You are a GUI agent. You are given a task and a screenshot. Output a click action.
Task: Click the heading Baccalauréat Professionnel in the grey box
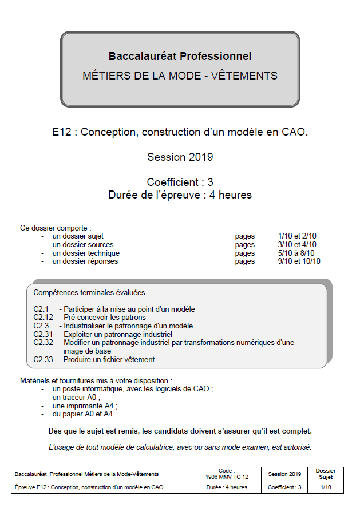coord(180,56)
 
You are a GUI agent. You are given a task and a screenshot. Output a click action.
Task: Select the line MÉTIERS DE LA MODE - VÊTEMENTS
coord(180,76)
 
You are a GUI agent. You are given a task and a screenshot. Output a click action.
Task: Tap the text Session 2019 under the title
coord(180,157)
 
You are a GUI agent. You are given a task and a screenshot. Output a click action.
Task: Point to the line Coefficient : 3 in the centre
coord(180,182)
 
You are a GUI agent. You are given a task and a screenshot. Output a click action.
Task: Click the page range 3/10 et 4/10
coord(297,244)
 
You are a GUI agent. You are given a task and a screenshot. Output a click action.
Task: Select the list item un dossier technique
coord(86,253)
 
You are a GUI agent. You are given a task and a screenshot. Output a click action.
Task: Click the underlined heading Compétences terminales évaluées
coord(89,292)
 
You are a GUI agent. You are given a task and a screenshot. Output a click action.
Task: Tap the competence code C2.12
coord(43,317)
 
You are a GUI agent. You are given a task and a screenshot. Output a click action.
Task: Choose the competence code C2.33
coord(43,359)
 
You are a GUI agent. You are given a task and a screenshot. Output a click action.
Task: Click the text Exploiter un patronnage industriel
coord(118,334)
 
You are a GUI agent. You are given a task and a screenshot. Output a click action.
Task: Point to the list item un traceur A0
coord(76,397)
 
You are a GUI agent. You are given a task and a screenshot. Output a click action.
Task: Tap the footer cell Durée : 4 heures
coord(227,487)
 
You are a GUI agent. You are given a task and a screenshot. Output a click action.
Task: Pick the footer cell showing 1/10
coord(326,487)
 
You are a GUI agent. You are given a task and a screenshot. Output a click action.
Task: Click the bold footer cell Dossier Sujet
coord(326,474)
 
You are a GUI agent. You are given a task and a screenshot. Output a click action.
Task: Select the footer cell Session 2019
coord(284,474)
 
